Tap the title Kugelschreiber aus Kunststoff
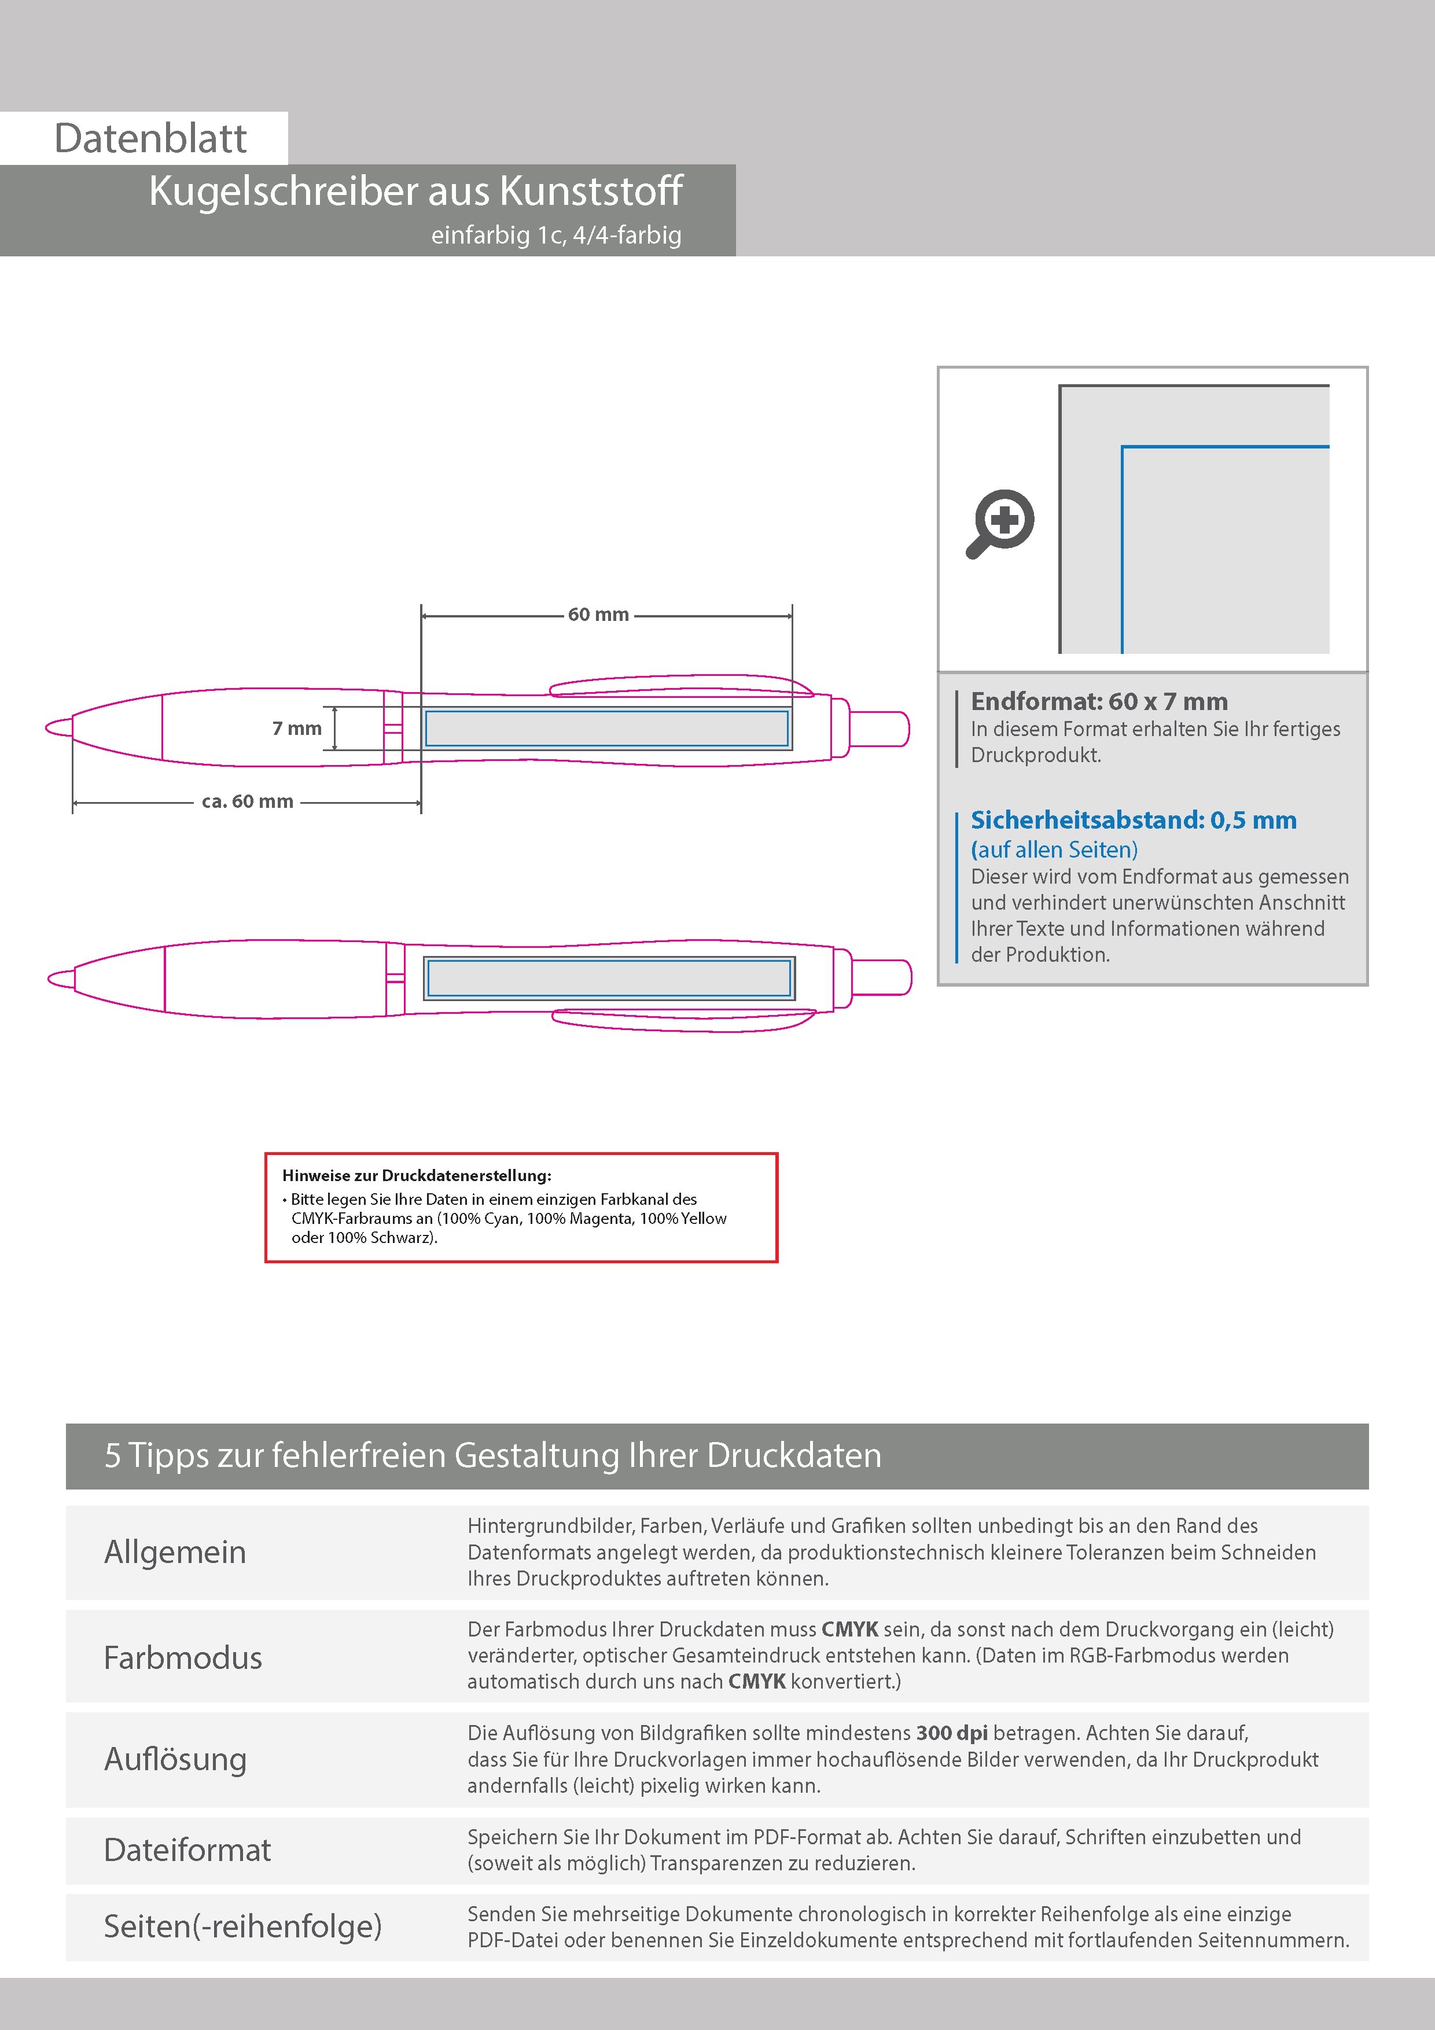click(x=415, y=191)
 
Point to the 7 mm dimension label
click(x=297, y=729)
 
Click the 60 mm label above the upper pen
click(x=598, y=615)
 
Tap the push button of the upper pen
click(x=879, y=729)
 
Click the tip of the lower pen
click(x=60, y=979)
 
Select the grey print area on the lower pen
click(x=608, y=979)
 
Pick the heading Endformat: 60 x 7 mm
click(x=1099, y=702)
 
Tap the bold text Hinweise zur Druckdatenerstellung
click(x=417, y=1176)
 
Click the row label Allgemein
click(x=175, y=1551)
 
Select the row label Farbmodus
click(x=183, y=1658)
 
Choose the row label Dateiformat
click(x=187, y=1849)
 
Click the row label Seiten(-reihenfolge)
click(x=243, y=1926)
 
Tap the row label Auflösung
click(x=175, y=1759)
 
